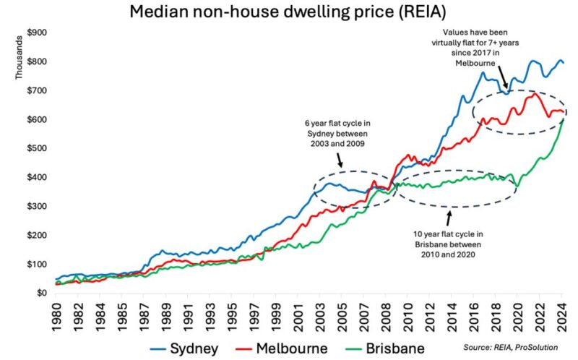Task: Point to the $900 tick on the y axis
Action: tap(37, 33)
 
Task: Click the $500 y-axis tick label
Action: tap(37, 148)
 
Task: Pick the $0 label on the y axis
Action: tap(43, 293)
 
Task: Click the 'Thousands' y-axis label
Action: tap(20, 59)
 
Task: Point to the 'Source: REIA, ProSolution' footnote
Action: tap(511, 348)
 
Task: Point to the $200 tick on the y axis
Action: tap(37, 235)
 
